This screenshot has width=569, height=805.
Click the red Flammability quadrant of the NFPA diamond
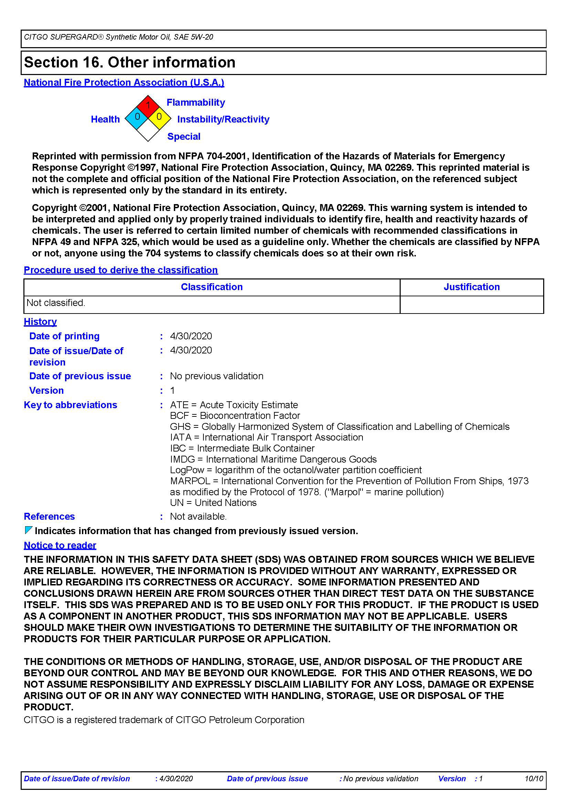coord(148,106)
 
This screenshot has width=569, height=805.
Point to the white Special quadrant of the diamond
coord(148,130)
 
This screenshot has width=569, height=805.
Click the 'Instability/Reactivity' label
coord(223,119)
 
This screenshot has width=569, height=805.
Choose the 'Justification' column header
coord(472,287)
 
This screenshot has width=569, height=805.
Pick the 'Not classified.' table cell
coord(56,303)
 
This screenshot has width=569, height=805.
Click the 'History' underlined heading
coord(40,322)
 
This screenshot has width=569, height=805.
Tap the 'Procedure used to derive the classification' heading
coord(120,270)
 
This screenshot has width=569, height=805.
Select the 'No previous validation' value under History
coord(216,376)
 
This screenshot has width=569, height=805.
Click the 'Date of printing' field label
coord(64,336)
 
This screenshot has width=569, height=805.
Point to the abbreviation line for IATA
coord(266,437)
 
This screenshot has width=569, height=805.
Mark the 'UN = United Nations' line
coord(213,503)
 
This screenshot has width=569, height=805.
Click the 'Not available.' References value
coord(198,517)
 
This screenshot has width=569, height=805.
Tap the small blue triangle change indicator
coord(28,530)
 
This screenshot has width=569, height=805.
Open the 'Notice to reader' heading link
coord(60,546)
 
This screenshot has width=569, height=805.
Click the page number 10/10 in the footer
coord(534,779)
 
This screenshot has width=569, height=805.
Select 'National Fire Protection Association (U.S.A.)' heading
coord(124,83)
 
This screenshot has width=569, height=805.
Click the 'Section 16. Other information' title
coord(130,62)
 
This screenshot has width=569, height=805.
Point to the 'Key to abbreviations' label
coord(71,405)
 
